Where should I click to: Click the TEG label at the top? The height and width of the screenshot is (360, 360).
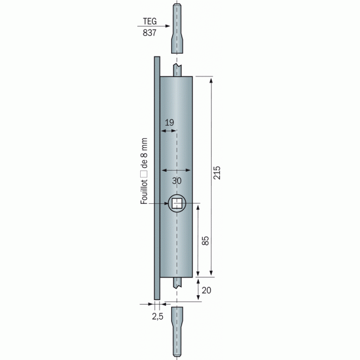pos(150,21)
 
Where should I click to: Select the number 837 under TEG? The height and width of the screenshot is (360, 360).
pos(150,33)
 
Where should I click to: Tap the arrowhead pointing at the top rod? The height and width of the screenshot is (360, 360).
pos(167,26)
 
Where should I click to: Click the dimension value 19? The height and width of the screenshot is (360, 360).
pos(169,122)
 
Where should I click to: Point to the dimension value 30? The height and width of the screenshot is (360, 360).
pos(177,181)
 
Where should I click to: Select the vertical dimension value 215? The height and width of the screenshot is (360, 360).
pos(217,173)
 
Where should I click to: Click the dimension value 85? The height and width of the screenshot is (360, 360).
pos(205,241)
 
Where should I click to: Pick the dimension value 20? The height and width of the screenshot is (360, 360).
pos(206,290)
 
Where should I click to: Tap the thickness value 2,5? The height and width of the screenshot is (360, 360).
pos(157,316)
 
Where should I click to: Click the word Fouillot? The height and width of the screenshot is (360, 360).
pos(144,192)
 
